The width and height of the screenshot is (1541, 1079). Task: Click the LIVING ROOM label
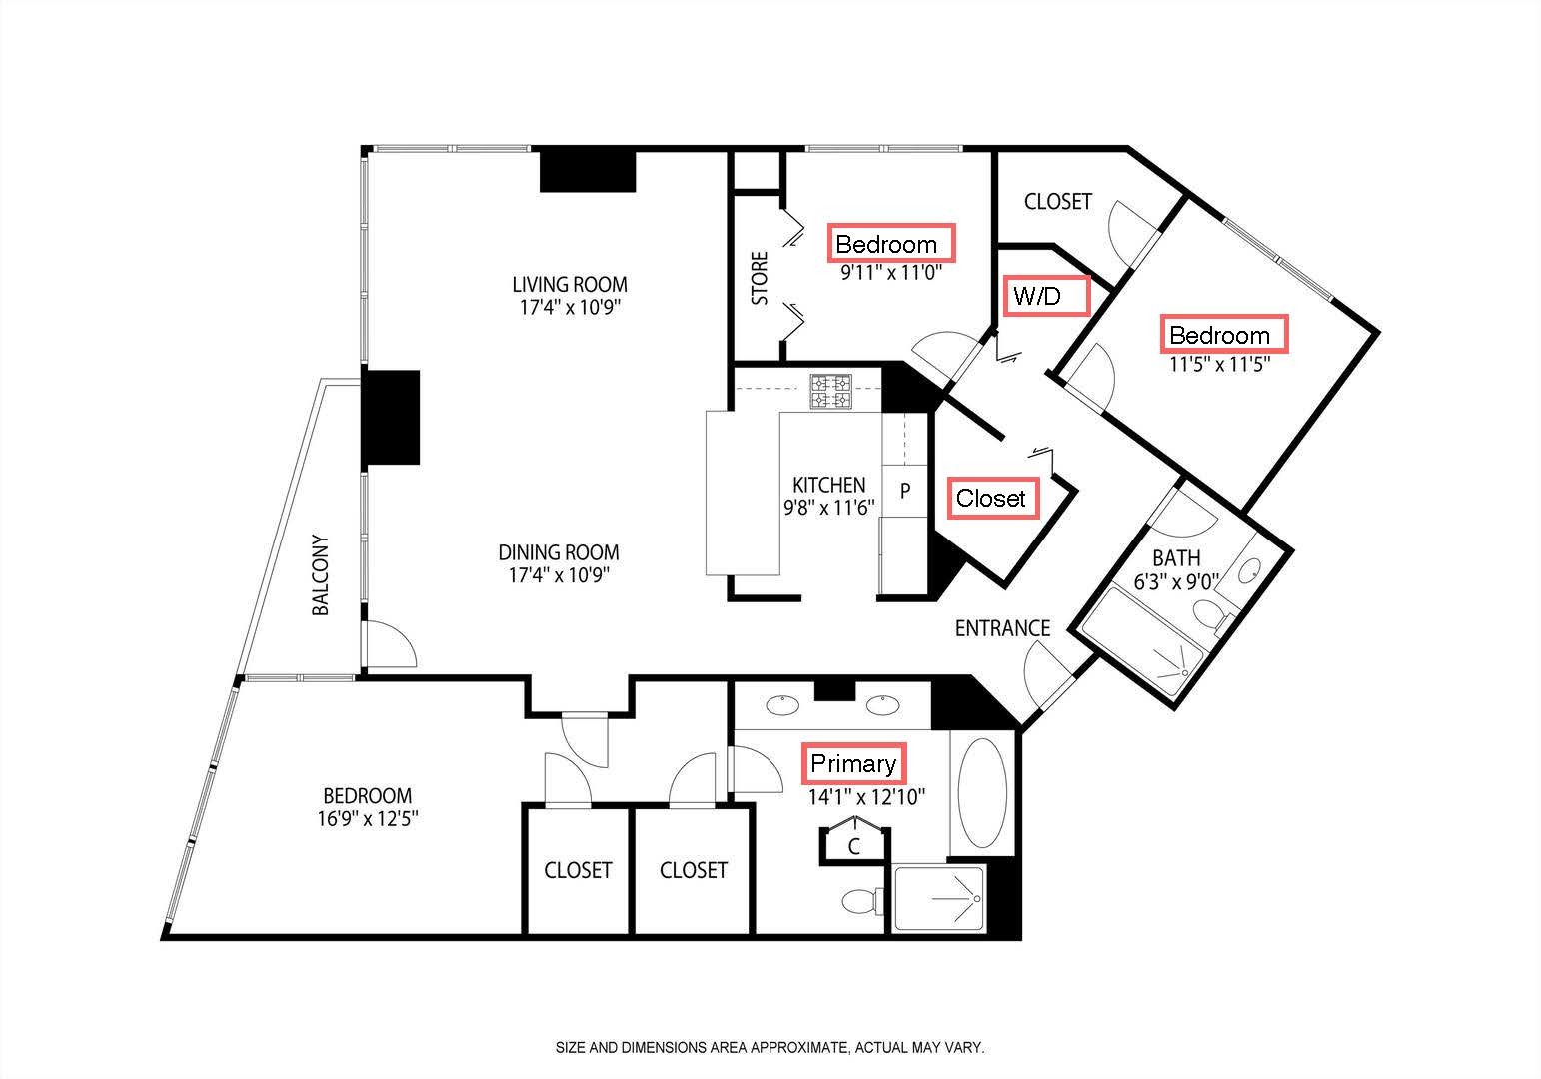coord(570,284)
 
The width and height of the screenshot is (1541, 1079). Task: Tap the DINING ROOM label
coord(559,552)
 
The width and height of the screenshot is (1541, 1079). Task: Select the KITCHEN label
coord(829,485)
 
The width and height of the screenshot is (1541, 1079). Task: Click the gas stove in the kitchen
coord(831,392)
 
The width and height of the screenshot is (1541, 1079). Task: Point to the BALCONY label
coord(320,574)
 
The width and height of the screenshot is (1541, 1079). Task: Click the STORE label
coord(759,278)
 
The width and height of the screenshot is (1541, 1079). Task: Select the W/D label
coord(1036,297)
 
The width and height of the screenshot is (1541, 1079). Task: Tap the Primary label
coord(853,763)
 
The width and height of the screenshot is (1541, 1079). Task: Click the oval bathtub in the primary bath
coord(982,793)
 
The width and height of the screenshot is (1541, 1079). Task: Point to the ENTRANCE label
coord(1002,628)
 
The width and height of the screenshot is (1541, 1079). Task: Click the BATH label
coord(1176,558)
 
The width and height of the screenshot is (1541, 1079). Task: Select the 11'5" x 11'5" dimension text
coord(1220,364)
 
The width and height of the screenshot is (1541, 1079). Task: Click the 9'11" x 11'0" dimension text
coord(890,273)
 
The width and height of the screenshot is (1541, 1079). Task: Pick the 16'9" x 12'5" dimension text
coord(368,819)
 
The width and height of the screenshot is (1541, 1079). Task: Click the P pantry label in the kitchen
coord(905,491)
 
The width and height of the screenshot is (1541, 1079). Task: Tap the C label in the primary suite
coord(853,846)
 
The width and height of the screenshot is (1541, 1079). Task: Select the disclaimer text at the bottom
coord(770,1047)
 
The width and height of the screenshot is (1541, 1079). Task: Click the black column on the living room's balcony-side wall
coord(390,418)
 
